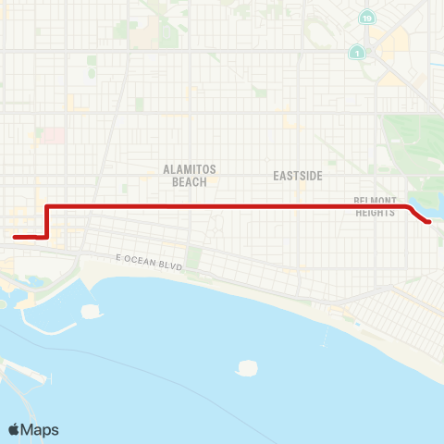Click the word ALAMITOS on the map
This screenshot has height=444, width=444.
[x=190, y=170]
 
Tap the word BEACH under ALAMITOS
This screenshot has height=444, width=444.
[x=190, y=182]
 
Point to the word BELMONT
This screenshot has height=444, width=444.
[x=376, y=201]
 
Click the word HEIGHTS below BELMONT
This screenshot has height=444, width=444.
[x=376, y=212]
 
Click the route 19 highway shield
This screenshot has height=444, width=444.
[x=368, y=18]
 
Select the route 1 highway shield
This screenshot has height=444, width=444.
[x=355, y=54]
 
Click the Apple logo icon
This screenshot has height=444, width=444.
[x=15, y=429]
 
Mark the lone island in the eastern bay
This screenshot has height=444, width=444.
[x=246, y=367]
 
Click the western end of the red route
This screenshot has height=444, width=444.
[x=15, y=238]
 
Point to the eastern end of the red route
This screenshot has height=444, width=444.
[x=428, y=222]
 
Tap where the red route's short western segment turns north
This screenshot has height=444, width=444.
[x=46, y=237]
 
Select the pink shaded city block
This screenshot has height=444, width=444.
[x=53, y=135]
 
